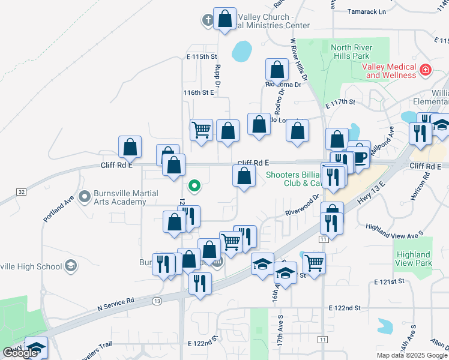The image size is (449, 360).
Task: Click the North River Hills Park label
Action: coord(351,52)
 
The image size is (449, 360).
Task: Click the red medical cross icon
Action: coord(426,70)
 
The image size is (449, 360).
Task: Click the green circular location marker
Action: coord(194,185)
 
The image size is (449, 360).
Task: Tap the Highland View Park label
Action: coord(414,259)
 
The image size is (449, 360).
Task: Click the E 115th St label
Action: coord(200,56)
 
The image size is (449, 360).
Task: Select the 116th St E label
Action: coord(199,93)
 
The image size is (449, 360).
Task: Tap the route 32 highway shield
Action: coord(22,191)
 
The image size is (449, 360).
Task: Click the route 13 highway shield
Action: coord(157,300)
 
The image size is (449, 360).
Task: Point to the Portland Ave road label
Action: coord(58,207)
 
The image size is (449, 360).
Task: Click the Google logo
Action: coord(20,353)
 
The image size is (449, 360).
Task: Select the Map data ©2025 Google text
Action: coord(411,355)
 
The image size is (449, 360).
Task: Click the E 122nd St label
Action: coord(345,308)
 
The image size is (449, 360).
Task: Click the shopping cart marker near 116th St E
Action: coord(201,129)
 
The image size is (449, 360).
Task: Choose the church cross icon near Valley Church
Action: coord(208,20)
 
